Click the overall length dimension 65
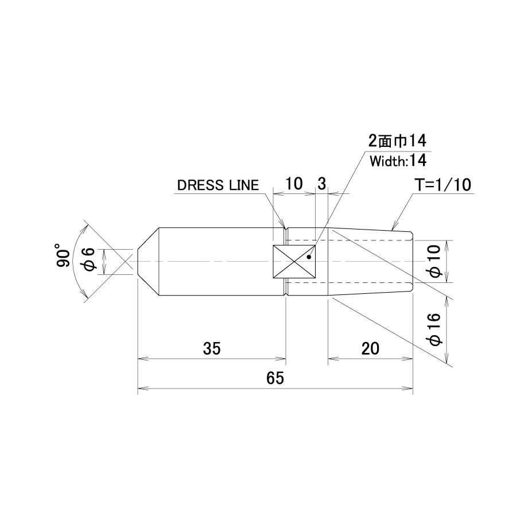pyautogui.click(x=275, y=378)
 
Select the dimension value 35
pyautogui.click(x=212, y=348)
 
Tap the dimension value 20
pyautogui.click(x=370, y=348)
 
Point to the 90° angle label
pyautogui.click(x=63, y=255)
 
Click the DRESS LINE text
pyautogui.click(x=218, y=185)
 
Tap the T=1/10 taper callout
pyautogui.click(x=443, y=185)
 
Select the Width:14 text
pyautogui.click(x=398, y=161)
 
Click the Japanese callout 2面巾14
pyautogui.click(x=397, y=141)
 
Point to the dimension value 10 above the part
pyautogui.click(x=294, y=184)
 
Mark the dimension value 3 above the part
pyautogui.click(x=321, y=184)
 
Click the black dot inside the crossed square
pyautogui.click(x=309, y=257)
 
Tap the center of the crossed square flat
pyautogui.click(x=294, y=262)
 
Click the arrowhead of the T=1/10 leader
pyautogui.click(x=393, y=228)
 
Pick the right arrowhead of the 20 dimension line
pyautogui.click(x=408, y=359)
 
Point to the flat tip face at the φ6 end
pyautogui.click(x=138, y=262)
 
